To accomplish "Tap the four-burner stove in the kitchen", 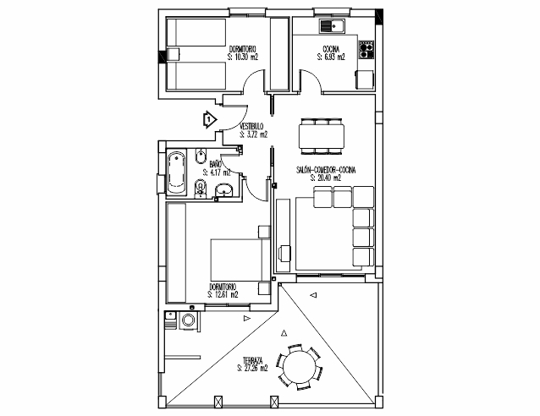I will point(366,52).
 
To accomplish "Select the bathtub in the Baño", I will point(176,172).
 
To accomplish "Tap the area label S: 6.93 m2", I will point(332,57).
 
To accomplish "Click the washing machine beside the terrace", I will point(187,320).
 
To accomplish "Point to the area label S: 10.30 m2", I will point(243,57).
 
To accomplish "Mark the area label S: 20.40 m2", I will point(326,178).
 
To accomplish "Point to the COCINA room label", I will point(332,50).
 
